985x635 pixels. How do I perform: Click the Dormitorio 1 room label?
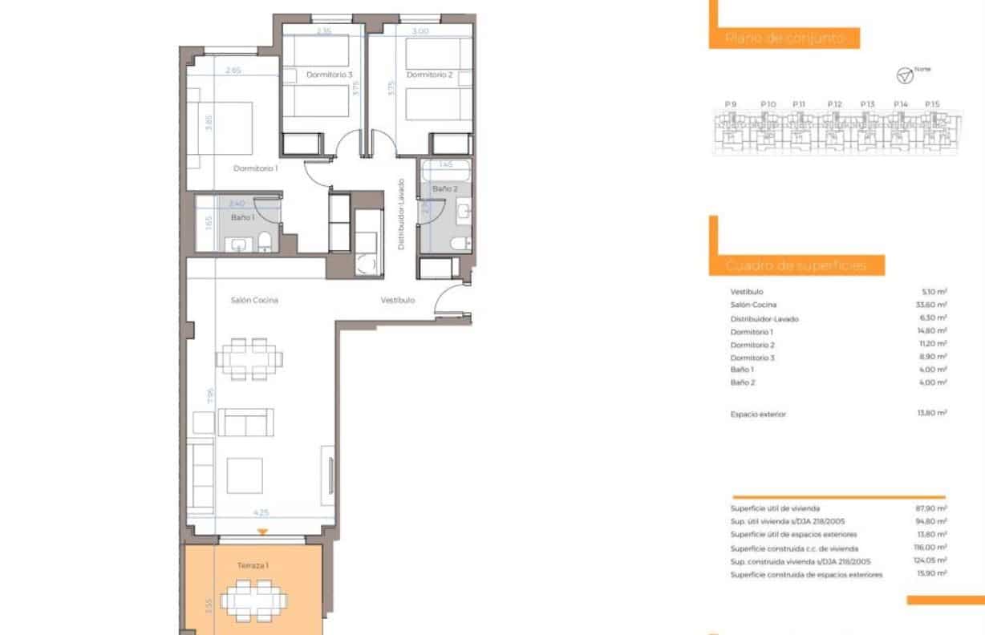click(x=255, y=168)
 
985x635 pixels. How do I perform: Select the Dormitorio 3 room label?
click(x=330, y=75)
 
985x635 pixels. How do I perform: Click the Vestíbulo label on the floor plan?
click(x=397, y=300)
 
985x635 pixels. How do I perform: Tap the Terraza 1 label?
click(x=253, y=565)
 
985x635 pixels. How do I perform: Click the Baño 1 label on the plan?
click(x=242, y=217)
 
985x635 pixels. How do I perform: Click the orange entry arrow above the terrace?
click(x=261, y=532)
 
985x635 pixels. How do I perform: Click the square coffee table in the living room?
click(x=245, y=475)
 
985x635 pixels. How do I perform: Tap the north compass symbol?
click(x=904, y=75)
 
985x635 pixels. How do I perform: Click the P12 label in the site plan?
click(x=834, y=104)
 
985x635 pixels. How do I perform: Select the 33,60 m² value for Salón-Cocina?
click(x=931, y=305)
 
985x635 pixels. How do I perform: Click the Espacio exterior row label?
click(x=758, y=415)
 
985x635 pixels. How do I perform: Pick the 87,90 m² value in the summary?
click(x=931, y=508)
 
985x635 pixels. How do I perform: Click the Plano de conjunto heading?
click(x=784, y=38)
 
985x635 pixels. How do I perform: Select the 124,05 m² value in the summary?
click(x=930, y=561)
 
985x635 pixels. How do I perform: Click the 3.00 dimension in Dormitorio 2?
click(x=420, y=31)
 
